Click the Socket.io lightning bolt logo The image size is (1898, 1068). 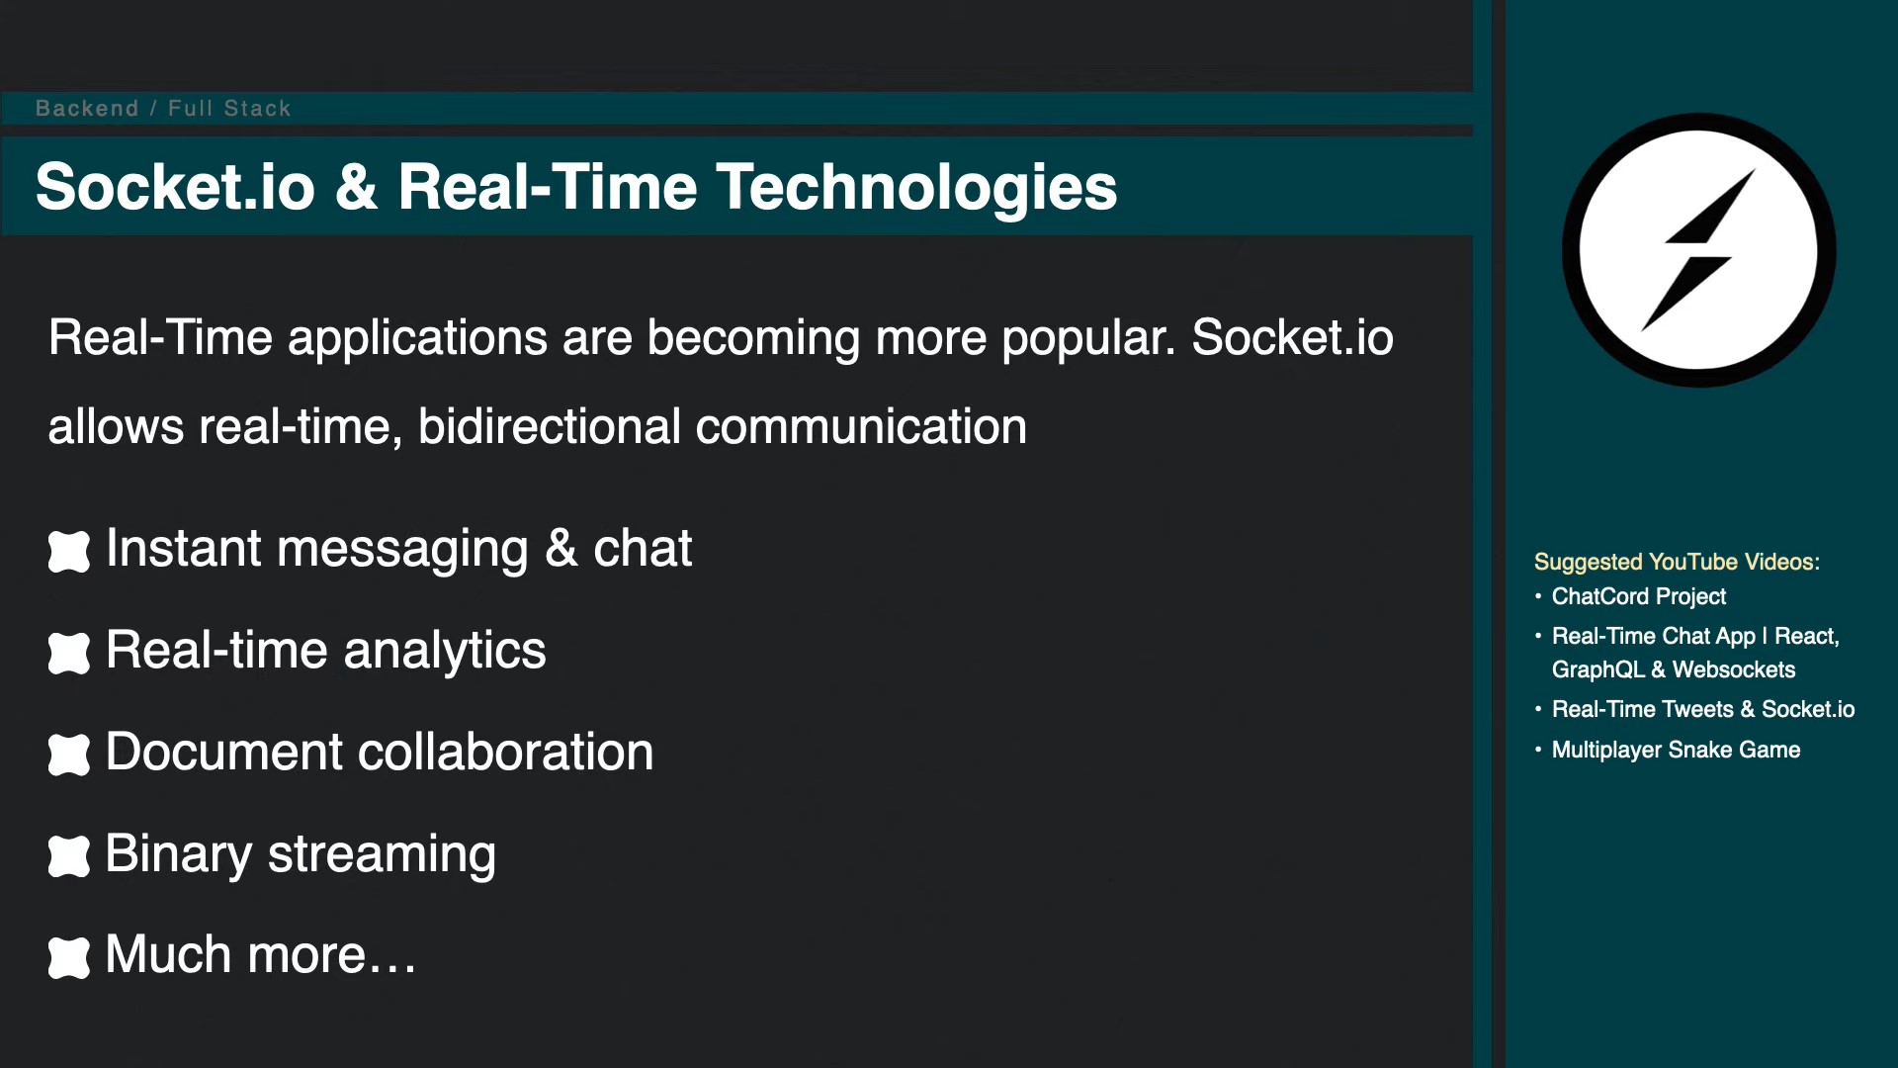pyautogui.click(x=1698, y=250)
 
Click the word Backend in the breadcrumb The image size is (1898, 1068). pyautogui.click(x=87, y=109)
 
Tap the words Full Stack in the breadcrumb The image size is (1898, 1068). pyautogui.click(x=229, y=109)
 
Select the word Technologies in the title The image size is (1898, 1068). pyautogui.click(x=916, y=188)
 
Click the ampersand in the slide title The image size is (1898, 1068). pyautogui.click(x=357, y=188)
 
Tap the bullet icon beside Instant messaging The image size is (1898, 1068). pyautogui.click(x=69, y=551)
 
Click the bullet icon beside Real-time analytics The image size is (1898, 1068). pyautogui.click(x=69, y=653)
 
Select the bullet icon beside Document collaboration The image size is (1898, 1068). pyautogui.click(x=69, y=755)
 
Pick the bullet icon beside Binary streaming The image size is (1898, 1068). pyautogui.click(x=69, y=856)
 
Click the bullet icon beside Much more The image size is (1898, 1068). pyautogui.click(x=69, y=957)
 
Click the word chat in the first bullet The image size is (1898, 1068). pyautogui.click(x=643, y=548)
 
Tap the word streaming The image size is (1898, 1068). pyautogui.click(x=382, y=854)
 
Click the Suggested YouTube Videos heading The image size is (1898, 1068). pyautogui.click(x=1677, y=562)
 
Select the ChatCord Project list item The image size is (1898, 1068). pyautogui.click(x=1639, y=596)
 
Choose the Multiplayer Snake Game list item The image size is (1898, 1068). pyautogui.click(x=1676, y=750)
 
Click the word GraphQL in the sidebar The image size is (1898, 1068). pyautogui.click(x=1597, y=669)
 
